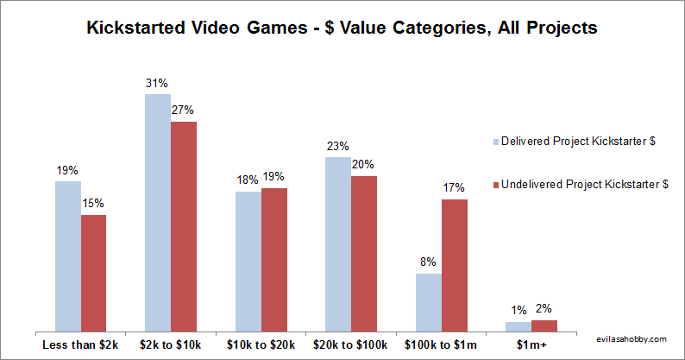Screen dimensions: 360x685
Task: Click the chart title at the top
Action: click(x=342, y=28)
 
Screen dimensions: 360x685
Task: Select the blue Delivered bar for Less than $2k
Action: click(x=68, y=256)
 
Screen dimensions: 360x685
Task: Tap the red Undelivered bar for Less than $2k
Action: click(x=93, y=273)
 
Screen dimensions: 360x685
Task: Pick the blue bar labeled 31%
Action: click(x=158, y=212)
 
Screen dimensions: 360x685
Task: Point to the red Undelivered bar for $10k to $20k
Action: click(x=274, y=260)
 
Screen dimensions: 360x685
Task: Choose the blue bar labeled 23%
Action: click(x=338, y=244)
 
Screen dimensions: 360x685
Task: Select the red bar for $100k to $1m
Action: click(x=455, y=265)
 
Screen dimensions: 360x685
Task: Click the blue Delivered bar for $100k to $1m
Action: click(x=429, y=302)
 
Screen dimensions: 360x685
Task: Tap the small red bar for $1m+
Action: click(x=544, y=325)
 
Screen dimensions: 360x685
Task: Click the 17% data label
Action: click(x=455, y=187)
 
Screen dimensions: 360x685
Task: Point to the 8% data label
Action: click(x=429, y=262)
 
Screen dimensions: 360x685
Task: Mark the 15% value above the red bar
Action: click(x=93, y=203)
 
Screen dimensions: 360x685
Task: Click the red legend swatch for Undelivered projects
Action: click(x=495, y=184)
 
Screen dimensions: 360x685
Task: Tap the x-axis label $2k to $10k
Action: click(x=171, y=344)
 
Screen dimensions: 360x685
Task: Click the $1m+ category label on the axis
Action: click(x=531, y=344)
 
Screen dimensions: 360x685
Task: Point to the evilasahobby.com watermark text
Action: click(x=632, y=341)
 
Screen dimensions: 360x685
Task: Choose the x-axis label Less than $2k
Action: click(x=80, y=344)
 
